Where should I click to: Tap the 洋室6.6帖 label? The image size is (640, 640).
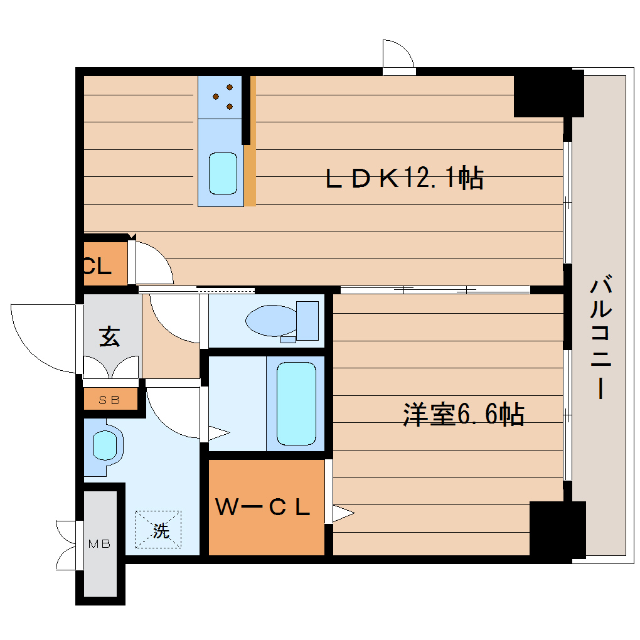[463, 415]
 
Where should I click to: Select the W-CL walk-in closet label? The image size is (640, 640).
[263, 507]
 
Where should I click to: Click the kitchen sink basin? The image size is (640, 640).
[223, 173]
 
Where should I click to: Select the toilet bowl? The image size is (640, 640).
[270, 321]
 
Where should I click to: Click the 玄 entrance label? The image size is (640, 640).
[109, 337]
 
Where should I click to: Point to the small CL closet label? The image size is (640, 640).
[97, 267]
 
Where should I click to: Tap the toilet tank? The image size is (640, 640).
[307, 320]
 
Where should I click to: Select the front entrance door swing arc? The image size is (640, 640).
[41, 336]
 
